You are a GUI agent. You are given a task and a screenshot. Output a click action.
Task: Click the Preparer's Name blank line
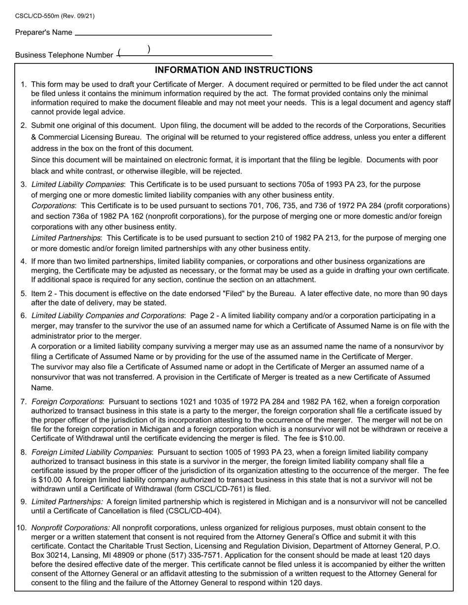point(173,33)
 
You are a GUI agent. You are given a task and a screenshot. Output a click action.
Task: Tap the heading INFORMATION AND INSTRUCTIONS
point(234,70)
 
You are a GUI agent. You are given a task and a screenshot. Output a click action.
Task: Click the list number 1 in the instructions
point(24,85)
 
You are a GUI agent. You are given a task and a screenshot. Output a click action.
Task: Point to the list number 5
point(24,294)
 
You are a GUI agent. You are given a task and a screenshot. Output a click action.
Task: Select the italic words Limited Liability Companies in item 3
point(77,184)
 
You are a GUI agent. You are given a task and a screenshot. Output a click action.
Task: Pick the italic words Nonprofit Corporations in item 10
point(70,528)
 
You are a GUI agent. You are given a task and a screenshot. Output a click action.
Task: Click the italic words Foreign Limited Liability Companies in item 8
point(92,452)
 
